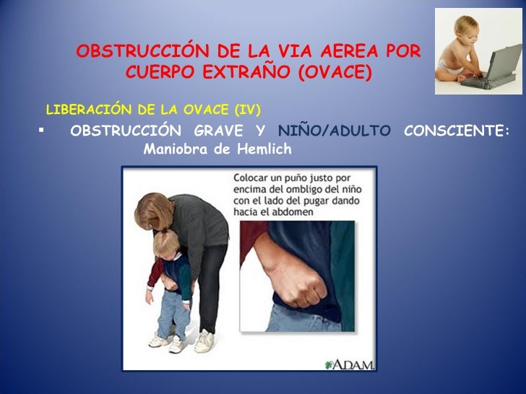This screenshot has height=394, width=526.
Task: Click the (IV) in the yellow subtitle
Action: [248, 110]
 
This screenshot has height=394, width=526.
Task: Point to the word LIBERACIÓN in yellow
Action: [79, 110]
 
